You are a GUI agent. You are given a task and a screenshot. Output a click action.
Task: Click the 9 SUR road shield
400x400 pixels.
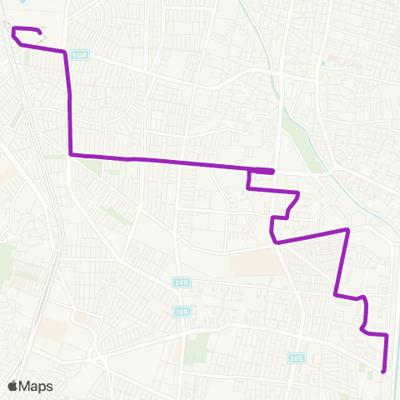coord(79,54)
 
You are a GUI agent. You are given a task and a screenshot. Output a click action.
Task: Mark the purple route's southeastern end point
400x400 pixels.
coord(382,371)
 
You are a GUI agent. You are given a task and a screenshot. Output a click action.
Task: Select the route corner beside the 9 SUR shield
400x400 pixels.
coord(64,52)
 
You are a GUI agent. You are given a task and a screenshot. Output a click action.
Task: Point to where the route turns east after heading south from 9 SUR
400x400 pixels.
coord(70,154)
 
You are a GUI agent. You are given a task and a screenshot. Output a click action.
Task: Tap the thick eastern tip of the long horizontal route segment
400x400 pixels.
coord(272,171)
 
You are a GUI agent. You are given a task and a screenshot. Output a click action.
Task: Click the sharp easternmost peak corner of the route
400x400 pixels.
coord(347,228)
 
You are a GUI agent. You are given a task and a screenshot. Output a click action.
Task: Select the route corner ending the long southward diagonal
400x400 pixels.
coord(335,294)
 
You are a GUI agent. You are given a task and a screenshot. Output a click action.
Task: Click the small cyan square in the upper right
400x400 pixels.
coord(331,60)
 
